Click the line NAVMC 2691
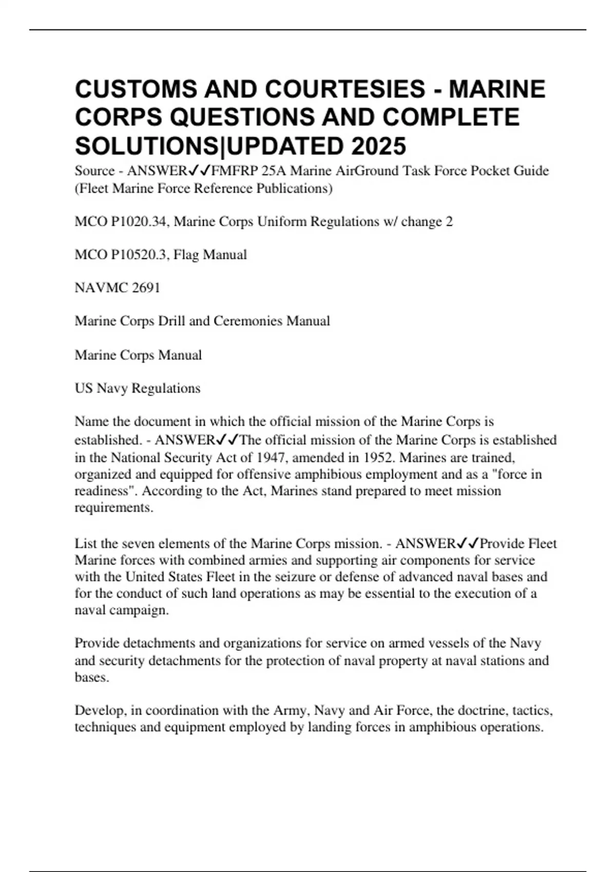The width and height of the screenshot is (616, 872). click(x=118, y=288)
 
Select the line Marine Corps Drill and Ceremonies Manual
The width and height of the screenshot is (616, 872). click(x=202, y=321)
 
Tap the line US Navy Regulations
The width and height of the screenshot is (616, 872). click(x=138, y=388)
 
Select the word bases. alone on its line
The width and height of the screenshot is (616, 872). click(x=92, y=677)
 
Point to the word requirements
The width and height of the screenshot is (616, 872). click(x=114, y=508)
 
